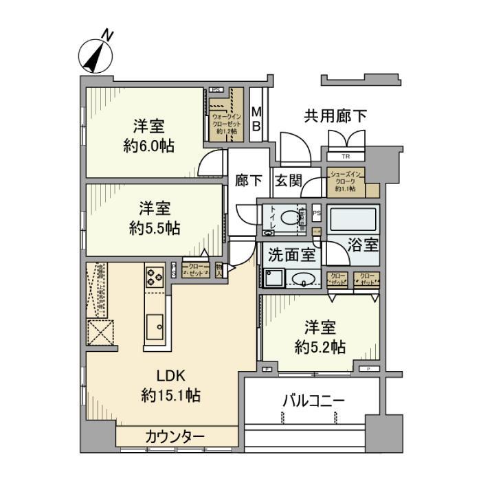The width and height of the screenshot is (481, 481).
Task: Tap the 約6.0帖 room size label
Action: click(148, 146)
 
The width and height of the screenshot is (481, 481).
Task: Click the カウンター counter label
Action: click(175, 436)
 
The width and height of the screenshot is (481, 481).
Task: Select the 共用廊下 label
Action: click(335, 116)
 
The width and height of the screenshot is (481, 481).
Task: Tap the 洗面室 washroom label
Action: click(292, 255)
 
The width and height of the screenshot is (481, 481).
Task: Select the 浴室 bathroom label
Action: click(361, 244)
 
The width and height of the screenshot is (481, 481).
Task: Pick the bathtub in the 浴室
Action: click(351, 219)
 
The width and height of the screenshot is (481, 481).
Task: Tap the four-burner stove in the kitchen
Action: click(153, 276)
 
